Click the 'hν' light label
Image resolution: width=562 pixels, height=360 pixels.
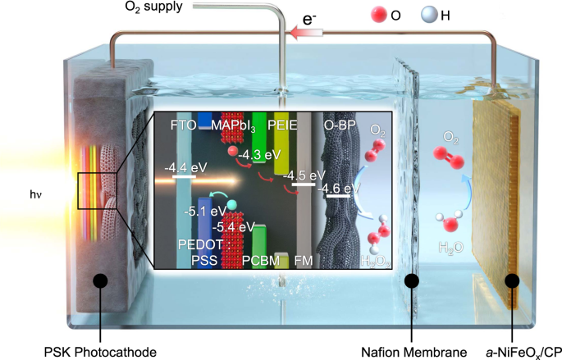coord(34,195)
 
